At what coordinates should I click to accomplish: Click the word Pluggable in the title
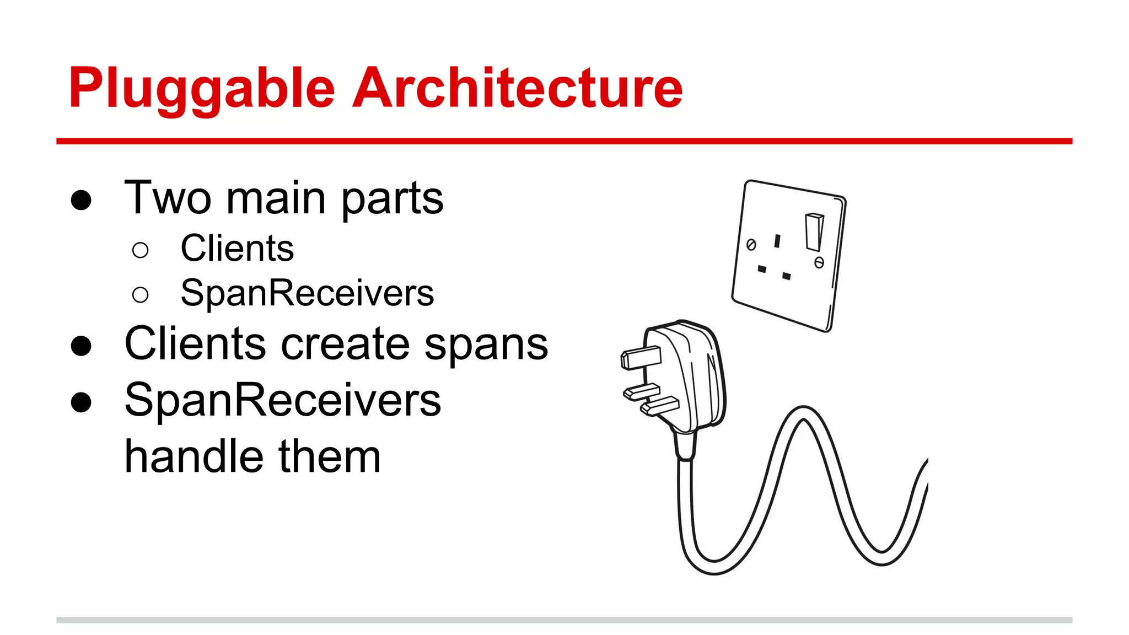[x=202, y=88]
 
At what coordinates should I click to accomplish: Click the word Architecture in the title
[x=517, y=88]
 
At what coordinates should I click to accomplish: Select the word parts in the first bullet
[x=392, y=200]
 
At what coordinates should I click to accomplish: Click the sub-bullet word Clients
[x=237, y=249]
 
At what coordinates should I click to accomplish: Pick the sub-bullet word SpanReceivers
[x=307, y=293]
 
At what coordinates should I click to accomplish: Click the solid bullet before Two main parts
[x=81, y=200]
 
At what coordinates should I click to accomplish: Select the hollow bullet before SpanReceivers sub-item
[x=141, y=295]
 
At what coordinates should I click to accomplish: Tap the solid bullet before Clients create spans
[x=81, y=346]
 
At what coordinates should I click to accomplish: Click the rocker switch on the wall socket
[x=814, y=232]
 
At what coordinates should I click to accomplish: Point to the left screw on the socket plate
[x=751, y=245]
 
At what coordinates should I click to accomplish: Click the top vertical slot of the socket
[x=777, y=241]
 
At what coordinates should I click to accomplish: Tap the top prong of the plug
[x=641, y=358]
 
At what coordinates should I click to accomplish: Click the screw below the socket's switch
[x=819, y=263]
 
